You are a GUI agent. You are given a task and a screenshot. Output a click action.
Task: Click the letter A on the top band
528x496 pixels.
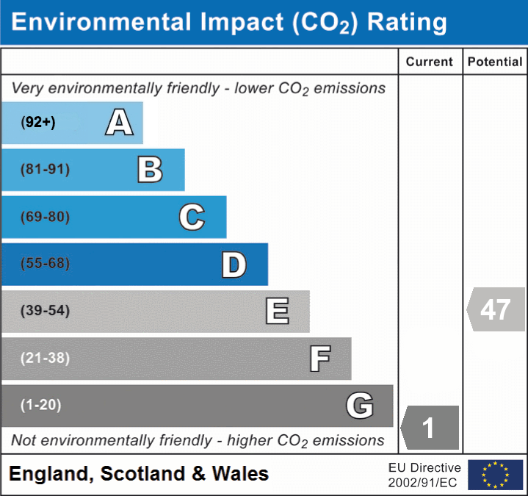119,122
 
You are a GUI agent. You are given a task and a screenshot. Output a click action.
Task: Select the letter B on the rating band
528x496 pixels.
150,170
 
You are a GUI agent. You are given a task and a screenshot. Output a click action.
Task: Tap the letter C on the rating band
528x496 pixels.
192,217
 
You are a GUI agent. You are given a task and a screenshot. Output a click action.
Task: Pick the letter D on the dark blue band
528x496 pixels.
234,265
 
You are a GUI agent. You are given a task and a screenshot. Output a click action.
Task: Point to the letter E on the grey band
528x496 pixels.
277,311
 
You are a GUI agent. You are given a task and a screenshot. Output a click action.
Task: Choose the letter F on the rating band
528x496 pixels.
319,359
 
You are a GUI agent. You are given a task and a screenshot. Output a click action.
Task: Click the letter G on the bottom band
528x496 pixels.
360,405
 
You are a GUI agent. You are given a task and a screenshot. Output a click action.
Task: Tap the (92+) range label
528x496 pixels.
38,123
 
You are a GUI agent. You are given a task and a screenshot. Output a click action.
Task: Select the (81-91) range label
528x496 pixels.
46,170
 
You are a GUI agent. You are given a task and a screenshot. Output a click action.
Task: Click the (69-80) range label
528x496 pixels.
46,217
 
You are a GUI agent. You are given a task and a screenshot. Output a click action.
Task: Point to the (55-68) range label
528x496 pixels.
46,264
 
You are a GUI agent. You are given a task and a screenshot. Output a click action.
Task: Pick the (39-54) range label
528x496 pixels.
46,311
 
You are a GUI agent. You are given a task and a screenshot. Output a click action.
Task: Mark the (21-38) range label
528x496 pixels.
46,358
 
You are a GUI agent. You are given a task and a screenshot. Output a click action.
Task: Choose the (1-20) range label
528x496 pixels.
41,405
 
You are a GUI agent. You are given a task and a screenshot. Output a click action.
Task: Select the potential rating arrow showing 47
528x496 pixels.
496,309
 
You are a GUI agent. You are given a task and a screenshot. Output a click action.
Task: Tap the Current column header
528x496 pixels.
430,62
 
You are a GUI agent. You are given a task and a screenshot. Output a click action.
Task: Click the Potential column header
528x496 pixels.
495,62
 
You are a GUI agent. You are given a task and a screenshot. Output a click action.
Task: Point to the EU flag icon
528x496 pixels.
495,475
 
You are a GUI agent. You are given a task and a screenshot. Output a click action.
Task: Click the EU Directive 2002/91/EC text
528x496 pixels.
424,475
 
